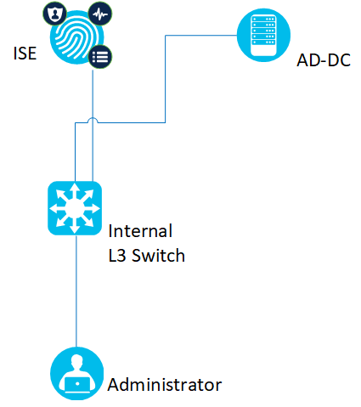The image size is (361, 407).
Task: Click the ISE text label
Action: coord(25,54)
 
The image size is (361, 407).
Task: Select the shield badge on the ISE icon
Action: coord(54,14)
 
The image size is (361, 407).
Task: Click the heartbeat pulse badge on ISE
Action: coord(100,14)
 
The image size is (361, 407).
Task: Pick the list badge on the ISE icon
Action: coord(100,57)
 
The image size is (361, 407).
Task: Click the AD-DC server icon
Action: coord(263,35)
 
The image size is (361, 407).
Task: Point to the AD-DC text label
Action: coord(324,60)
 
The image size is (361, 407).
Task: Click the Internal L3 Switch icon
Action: coord(75,208)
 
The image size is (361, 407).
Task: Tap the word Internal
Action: coord(140,231)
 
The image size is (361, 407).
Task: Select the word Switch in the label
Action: coord(159,256)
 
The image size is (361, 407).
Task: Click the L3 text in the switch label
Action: coord(117,256)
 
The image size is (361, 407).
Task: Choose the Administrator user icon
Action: coord(76,373)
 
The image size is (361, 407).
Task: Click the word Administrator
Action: coord(165,385)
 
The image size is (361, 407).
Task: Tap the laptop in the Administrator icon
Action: coord(77,384)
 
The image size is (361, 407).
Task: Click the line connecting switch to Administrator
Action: coord(76,291)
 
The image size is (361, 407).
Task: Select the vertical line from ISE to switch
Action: coord(93,126)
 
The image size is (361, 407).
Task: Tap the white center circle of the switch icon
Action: coord(75,208)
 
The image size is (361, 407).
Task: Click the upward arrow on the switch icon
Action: coord(75,191)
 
